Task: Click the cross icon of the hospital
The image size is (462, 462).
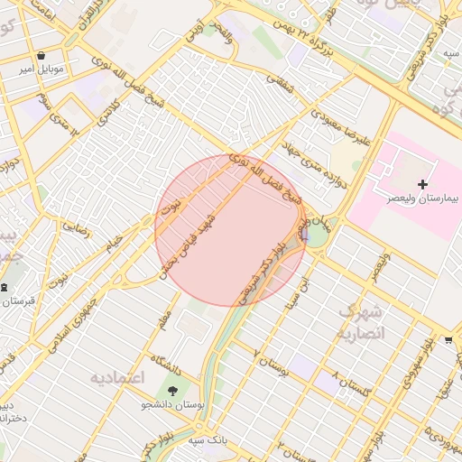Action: pyautogui.click(x=422, y=184)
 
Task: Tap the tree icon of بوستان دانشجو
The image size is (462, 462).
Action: pyautogui.click(x=172, y=391)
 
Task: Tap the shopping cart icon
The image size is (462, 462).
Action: pyautogui.click(x=448, y=340)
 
